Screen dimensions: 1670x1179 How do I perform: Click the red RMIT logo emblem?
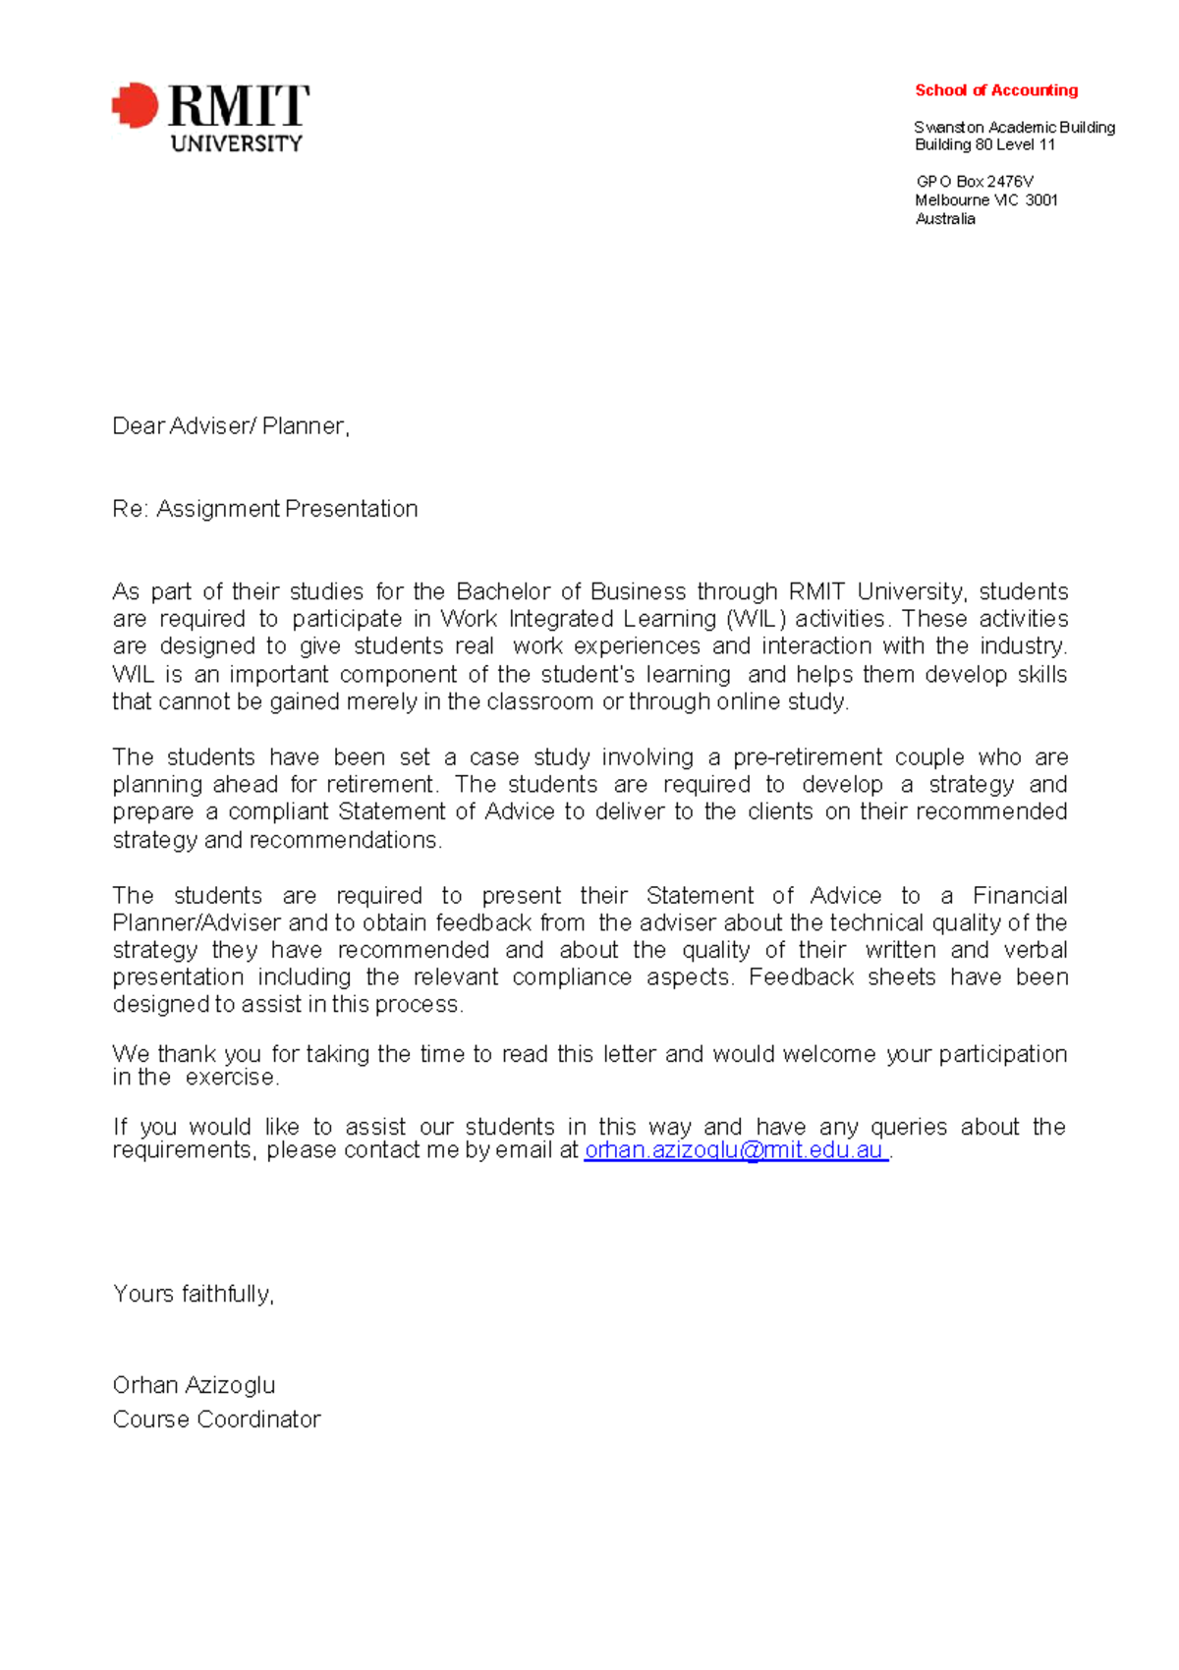136,105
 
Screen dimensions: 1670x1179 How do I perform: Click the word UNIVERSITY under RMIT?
236,143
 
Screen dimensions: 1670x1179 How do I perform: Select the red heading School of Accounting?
995,90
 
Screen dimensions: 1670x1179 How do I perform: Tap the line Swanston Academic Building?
1014,127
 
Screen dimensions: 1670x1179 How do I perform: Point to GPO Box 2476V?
974,182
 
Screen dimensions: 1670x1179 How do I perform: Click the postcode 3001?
1041,200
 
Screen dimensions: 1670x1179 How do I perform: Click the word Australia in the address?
945,219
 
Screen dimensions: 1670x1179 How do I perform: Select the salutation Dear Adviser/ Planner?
231,426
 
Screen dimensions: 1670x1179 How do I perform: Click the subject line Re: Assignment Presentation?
265,509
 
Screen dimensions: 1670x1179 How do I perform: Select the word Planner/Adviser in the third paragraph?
196,923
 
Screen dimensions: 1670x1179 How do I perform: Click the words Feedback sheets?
841,977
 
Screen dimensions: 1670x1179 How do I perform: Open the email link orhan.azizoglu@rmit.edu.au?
735,1150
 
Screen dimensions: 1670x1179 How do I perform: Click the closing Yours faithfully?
194,1294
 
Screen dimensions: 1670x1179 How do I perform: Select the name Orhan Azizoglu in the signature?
194,1385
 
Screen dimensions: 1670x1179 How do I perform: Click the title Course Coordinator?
216,1419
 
